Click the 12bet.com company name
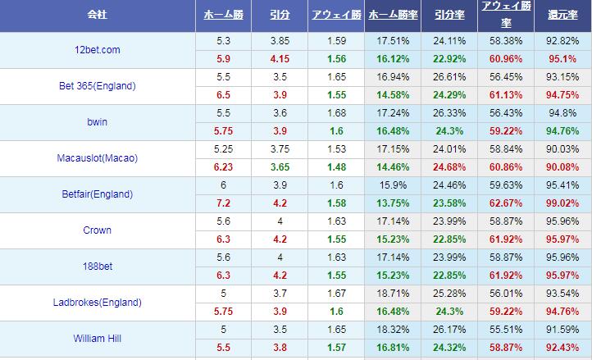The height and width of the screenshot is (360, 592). point(97,50)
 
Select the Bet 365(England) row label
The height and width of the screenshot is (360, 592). point(97,86)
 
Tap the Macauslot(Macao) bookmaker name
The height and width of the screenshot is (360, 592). point(97,158)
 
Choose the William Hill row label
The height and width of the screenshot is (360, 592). point(97,339)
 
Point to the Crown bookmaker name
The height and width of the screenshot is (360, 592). point(97,230)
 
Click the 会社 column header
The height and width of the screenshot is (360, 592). point(97,16)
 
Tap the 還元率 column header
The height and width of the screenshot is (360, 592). point(562,16)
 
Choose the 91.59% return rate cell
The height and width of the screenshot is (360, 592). point(562,330)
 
